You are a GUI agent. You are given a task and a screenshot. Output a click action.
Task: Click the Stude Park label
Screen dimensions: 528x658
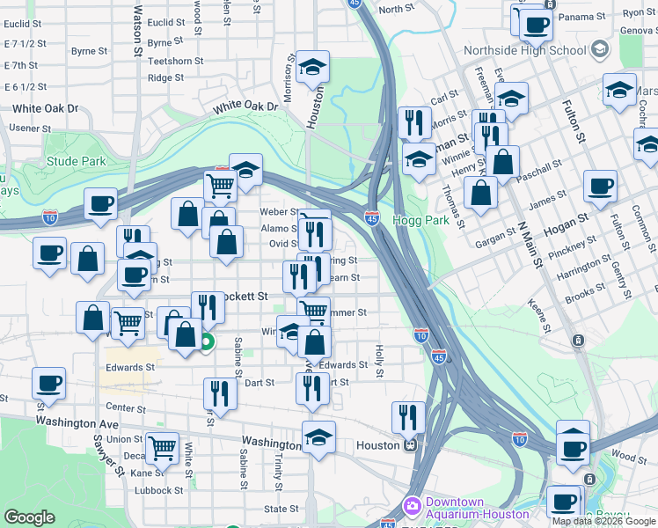click(76, 161)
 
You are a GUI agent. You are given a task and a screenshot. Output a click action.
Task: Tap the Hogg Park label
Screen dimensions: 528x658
click(420, 220)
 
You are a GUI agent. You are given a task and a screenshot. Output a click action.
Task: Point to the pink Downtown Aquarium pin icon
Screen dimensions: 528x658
click(412, 506)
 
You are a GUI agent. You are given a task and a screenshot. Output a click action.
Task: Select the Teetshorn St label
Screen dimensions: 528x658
click(176, 61)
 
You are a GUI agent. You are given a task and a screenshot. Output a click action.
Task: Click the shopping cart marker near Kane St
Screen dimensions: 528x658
click(163, 448)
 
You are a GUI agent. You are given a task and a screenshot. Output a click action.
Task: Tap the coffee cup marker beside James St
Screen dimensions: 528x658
click(600, 186)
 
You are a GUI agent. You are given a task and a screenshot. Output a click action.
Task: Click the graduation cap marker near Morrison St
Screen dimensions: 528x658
click(312, 67)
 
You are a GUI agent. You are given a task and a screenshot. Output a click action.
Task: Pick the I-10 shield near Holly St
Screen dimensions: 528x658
click(421, 334)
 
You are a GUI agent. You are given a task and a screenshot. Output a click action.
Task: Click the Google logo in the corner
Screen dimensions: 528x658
click(30, 517)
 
